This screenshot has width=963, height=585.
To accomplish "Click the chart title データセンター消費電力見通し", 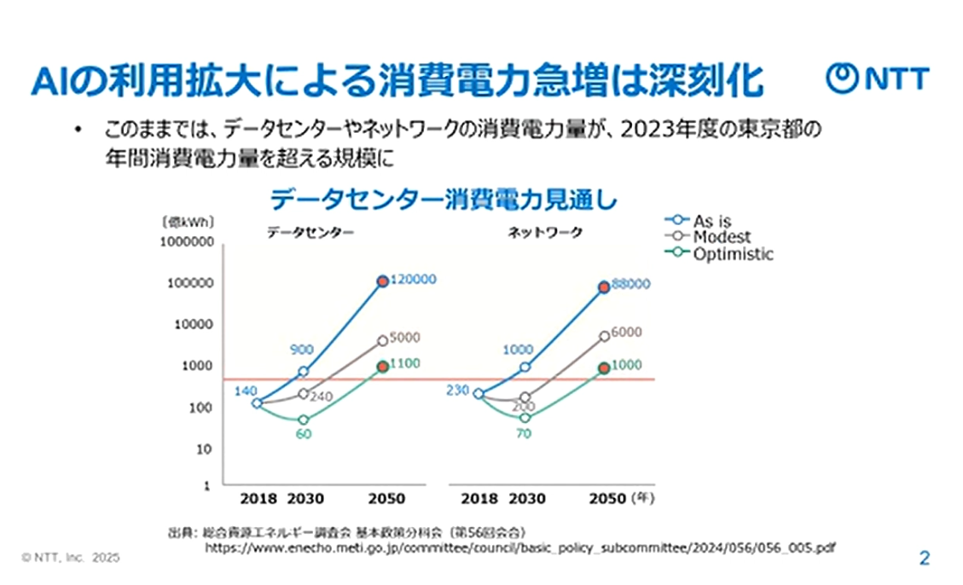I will pos(443,200).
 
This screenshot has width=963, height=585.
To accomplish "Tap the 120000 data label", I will pos(414,280).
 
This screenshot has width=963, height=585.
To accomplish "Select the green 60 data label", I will pos(304,436).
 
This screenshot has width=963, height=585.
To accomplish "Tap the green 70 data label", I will pos(524,433).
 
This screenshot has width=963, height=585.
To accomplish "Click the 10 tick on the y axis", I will pos(205,449).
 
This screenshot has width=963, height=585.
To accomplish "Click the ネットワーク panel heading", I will pos(545,232).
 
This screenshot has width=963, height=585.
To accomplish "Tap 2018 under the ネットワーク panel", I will pos(479,498).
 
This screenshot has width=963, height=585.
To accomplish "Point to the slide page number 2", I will pos(924,559).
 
